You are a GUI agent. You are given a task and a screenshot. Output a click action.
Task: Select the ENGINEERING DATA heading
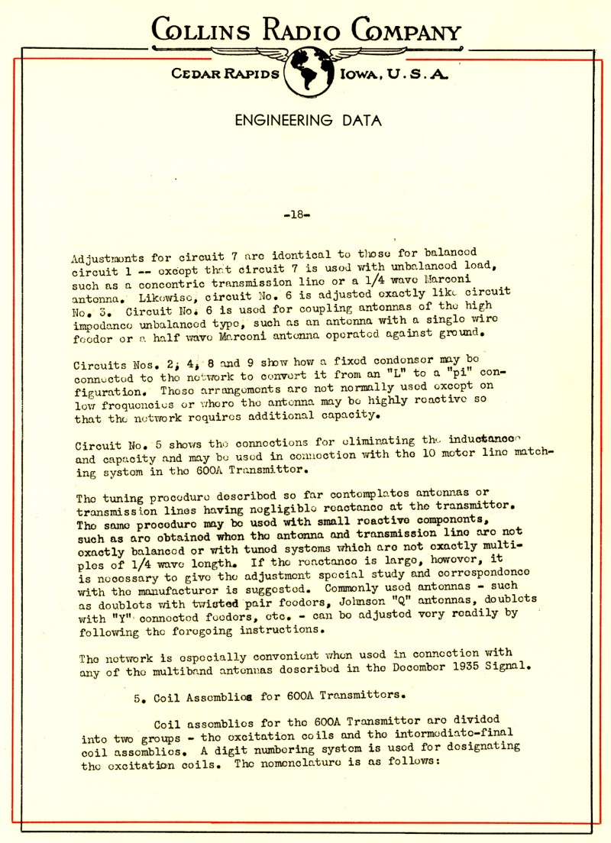(308, 121)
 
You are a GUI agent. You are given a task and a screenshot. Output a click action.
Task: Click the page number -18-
(296, 215)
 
